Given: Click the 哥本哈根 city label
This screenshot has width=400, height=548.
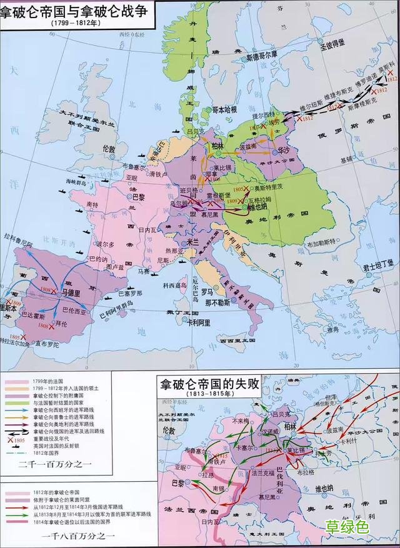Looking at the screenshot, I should click(x=222, y=109).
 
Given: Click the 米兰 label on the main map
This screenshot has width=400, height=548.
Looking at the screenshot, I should click(x=186, y=241).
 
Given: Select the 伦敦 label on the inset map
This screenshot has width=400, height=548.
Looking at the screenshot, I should click(x=167, y=431).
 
